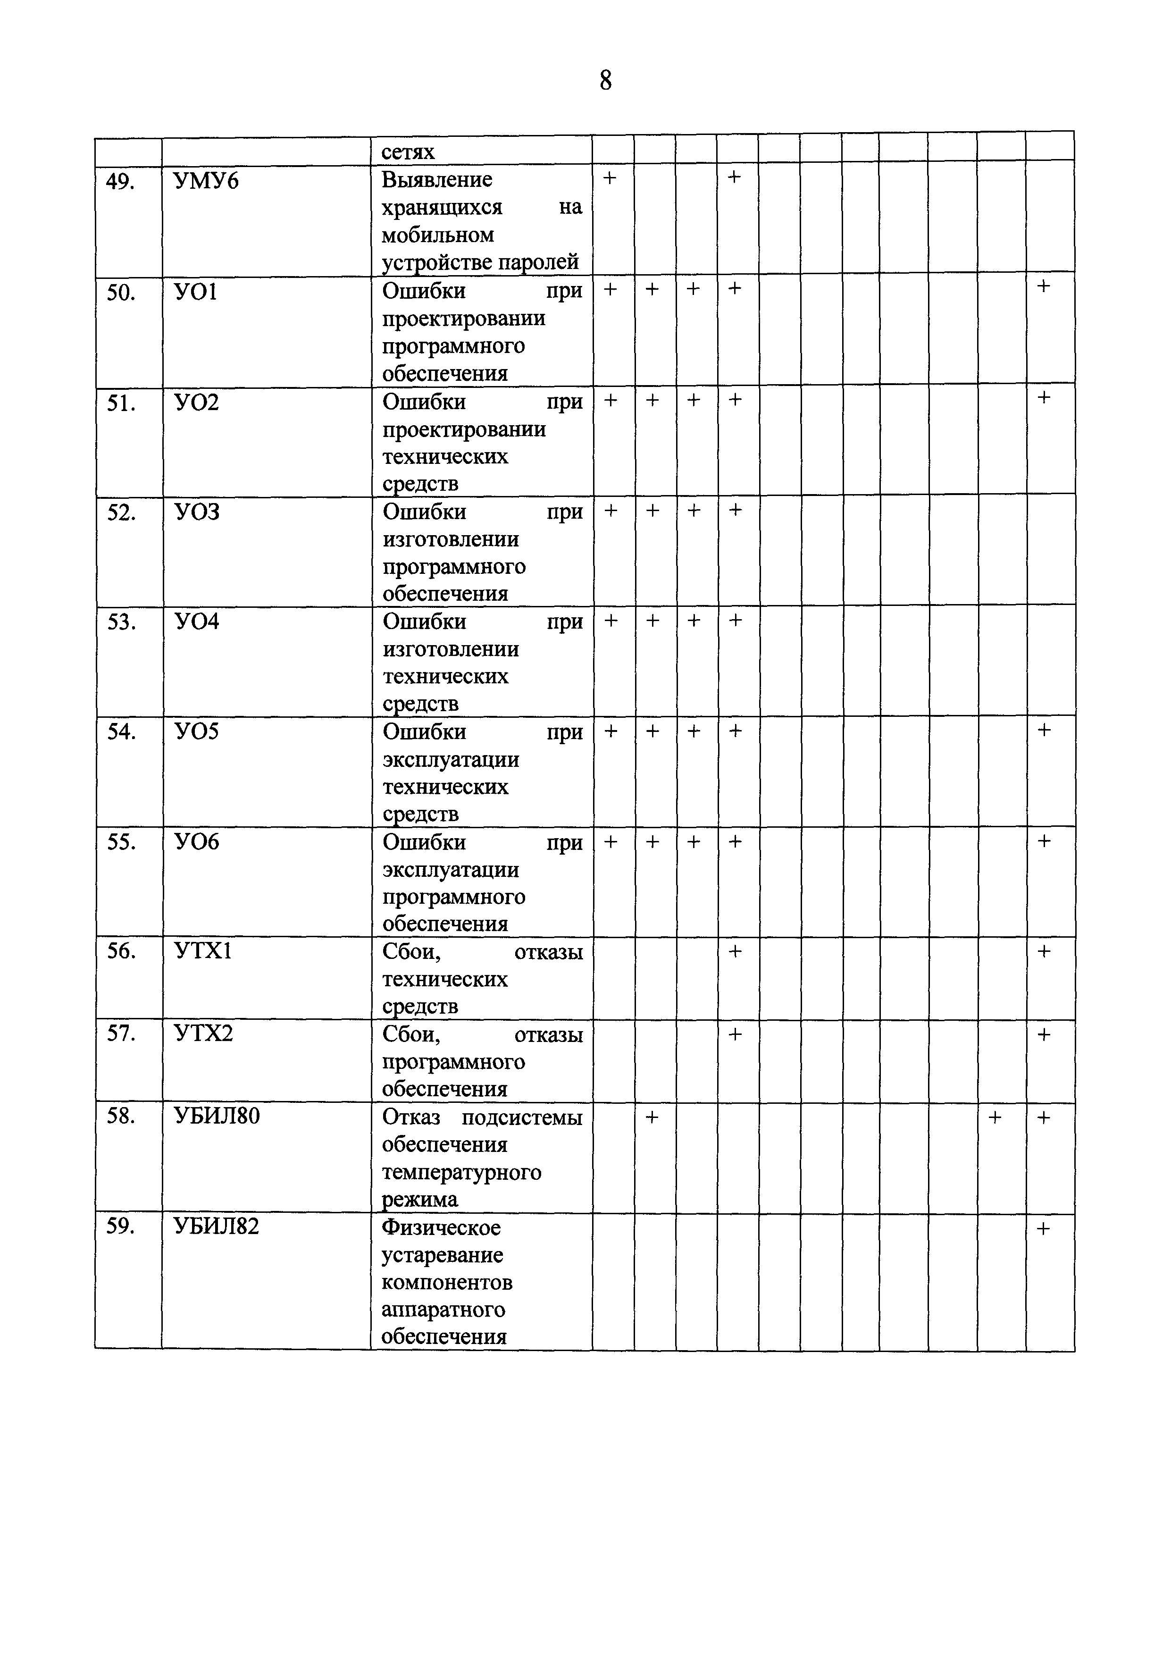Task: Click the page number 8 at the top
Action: tap(605, 80)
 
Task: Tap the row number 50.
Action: tap(121, 293)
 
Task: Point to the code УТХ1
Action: tap(203, 952)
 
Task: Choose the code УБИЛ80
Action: tap(217, 1117)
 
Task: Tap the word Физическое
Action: tap(441, 1227)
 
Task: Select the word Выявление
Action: tap(437, 179)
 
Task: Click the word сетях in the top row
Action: tap(408, 152)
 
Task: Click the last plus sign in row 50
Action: tap(1043, 287)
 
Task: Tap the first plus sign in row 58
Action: tap(652, 1117)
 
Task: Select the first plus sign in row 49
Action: tap(610, 177)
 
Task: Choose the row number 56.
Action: tap(121, 952)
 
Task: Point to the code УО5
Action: tap(197, 732)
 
